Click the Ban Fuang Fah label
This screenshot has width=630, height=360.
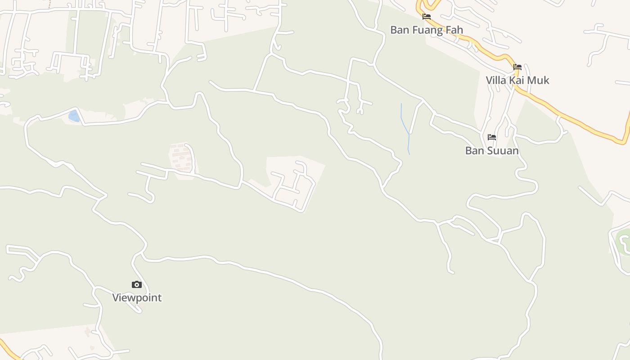point(426,30)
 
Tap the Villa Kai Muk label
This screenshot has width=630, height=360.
point(517,81)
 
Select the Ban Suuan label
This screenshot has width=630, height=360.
point(492,151)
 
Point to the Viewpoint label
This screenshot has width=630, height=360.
point(137,298)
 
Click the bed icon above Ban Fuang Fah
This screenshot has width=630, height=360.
point(427,17)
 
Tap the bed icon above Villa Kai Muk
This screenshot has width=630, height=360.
point(517,67)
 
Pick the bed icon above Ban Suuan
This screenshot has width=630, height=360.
point(492,137)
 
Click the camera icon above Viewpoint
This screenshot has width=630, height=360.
point(137,284)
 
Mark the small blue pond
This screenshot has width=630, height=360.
point(74,116)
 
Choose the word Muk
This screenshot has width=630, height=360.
point(539,81)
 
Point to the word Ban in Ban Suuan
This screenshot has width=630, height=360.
point(474,151)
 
